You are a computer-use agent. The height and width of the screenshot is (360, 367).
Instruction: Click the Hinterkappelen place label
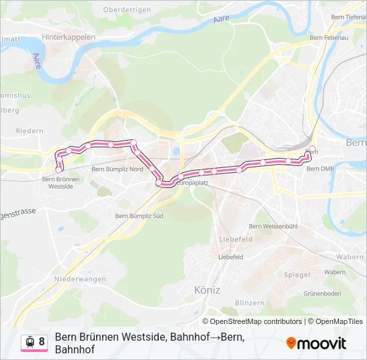tap(68, 37)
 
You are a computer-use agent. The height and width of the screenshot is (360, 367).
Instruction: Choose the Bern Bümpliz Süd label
tap(139, 216)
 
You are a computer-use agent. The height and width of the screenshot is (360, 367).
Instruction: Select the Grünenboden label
tap(322, 293)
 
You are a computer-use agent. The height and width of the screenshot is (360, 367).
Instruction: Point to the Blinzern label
tap(250, 303)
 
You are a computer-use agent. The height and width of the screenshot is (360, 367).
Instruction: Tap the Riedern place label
tap(29, 131)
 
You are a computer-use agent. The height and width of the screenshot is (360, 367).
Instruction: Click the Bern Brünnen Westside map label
tap(61, 183)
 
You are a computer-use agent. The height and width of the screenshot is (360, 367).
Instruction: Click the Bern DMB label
tap(320, 169)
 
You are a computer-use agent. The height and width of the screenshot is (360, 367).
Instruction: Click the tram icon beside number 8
tap(30, 342)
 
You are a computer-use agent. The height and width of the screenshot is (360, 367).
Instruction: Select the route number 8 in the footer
tap(42, 342)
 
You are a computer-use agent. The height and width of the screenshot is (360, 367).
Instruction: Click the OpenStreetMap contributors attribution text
tap(257, 321)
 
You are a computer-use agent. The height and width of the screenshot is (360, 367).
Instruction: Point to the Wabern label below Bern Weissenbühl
tap(335, 272)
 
